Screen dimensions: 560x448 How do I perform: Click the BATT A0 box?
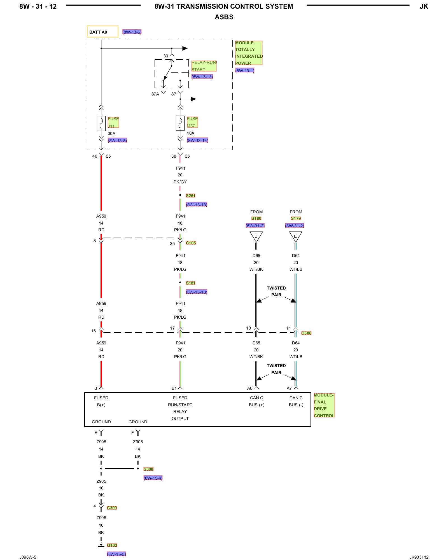click(102, 32)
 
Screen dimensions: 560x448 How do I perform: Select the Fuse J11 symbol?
click(101, 123)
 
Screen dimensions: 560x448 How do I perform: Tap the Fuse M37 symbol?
click(180, 123)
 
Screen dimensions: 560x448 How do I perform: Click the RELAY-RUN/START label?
click(204, 66)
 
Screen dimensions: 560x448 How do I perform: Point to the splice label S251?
click(190, 195)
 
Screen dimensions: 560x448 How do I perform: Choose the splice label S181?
click(190, 283)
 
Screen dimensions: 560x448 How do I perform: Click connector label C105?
click(191, 243)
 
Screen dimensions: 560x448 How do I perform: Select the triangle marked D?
click(256, 237)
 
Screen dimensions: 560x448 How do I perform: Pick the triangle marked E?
click(295, 237)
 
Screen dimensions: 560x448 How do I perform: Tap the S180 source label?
click(256, 218)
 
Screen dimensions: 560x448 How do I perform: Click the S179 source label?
click(296, 218)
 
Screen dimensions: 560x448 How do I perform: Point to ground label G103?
click(112, 545)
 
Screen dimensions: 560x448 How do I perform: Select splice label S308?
click(148, 469)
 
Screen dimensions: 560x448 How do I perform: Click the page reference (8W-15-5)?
click(116, 554)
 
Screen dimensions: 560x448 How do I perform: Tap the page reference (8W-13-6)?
click(132, 32)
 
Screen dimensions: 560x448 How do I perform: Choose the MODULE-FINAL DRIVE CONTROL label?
click(324, 405)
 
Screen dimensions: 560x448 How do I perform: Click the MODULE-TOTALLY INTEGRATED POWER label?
click(249, 53)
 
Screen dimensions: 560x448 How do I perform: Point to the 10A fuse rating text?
click(190, 133)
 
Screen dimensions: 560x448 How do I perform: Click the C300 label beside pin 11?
click(306, 333)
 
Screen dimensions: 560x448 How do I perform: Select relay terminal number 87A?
click(155, 94)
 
